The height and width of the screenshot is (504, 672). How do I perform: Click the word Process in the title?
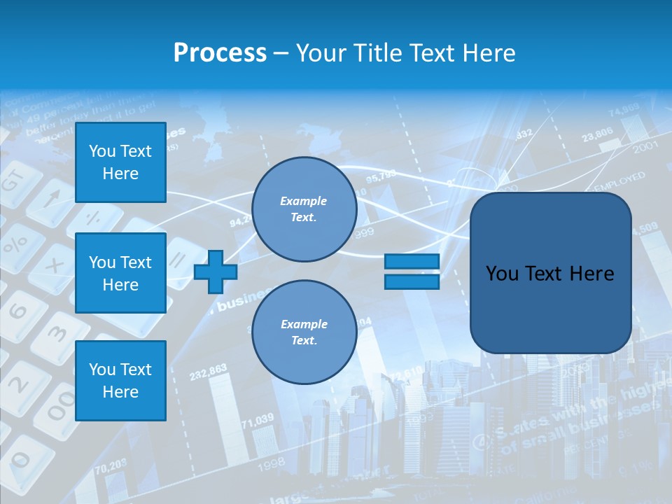(x=220, y=52)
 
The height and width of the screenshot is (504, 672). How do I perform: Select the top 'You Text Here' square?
(x=120, y=162)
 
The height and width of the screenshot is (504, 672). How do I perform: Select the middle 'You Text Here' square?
(x=120, y=273)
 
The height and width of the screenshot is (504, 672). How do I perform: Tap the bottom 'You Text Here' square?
(x=120, y=380)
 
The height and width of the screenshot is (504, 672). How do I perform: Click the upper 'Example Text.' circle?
(x=304, y=209)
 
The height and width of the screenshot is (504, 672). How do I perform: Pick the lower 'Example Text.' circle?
(x=304, y=332)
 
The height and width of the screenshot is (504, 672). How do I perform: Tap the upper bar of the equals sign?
(x=412, y=261)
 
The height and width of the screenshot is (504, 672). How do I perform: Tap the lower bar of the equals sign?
(x=412, y=282)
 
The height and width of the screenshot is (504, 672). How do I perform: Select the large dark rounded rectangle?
(x=550, y=273)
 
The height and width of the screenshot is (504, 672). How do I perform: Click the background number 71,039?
(x=258, y=420)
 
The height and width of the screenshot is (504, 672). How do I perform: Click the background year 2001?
(x=645, y=148)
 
